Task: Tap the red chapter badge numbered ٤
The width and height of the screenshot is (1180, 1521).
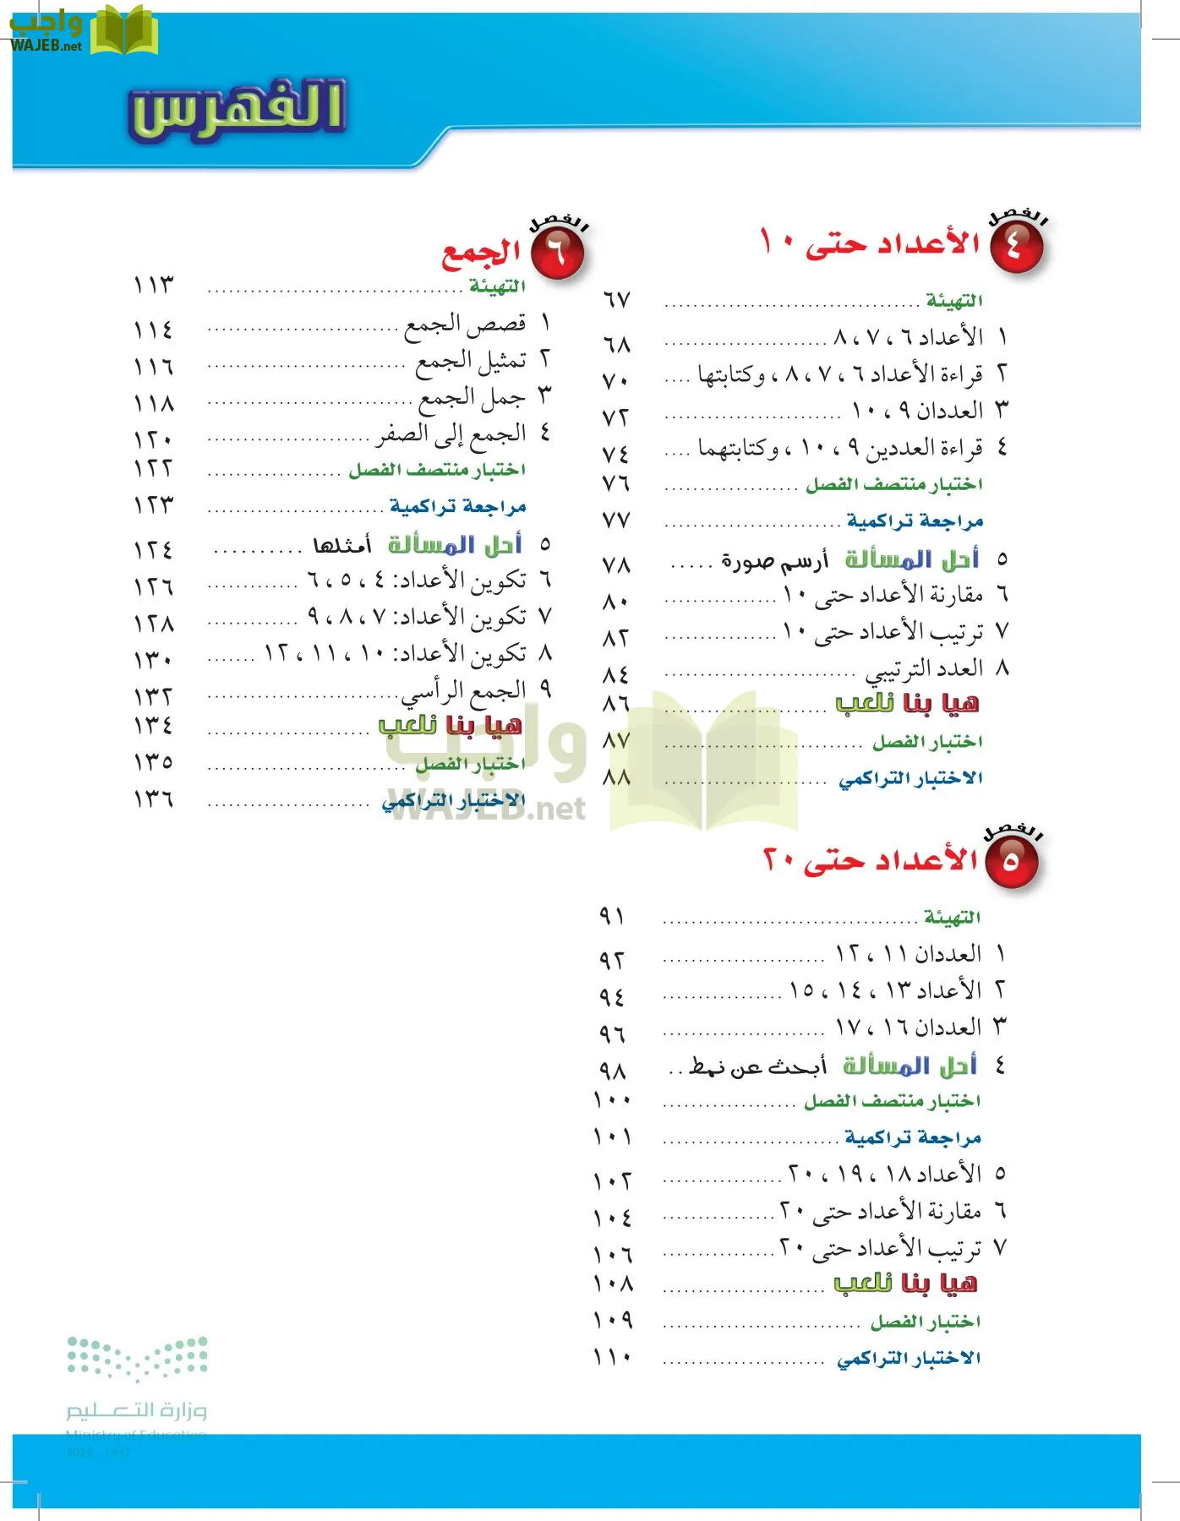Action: coord(1016,247)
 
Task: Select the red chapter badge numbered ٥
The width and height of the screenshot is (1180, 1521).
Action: coord(1011,863)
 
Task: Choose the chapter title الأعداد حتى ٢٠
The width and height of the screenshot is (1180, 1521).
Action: coord(870,860)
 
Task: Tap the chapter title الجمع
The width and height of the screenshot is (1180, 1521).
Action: coord(481,252)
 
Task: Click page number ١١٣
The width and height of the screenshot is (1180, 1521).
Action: coord(153,285)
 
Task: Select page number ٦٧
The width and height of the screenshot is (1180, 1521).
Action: coord(616,300)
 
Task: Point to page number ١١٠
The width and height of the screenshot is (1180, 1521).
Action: coord(613,1357)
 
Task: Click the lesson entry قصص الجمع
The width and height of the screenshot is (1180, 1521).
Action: coord(465,324)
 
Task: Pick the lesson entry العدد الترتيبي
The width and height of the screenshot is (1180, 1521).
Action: coord(924,669)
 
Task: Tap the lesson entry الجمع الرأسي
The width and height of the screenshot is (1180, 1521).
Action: coord(464,692)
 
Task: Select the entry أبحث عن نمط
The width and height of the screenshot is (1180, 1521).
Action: coord(757,1067)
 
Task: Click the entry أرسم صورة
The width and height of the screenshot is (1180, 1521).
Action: coord(774,560)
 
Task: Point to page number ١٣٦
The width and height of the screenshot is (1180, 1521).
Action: coord(153,799)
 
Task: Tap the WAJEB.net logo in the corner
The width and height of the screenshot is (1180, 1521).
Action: coord(83,31)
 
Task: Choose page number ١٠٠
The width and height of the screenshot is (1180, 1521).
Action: coord(613,1100)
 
